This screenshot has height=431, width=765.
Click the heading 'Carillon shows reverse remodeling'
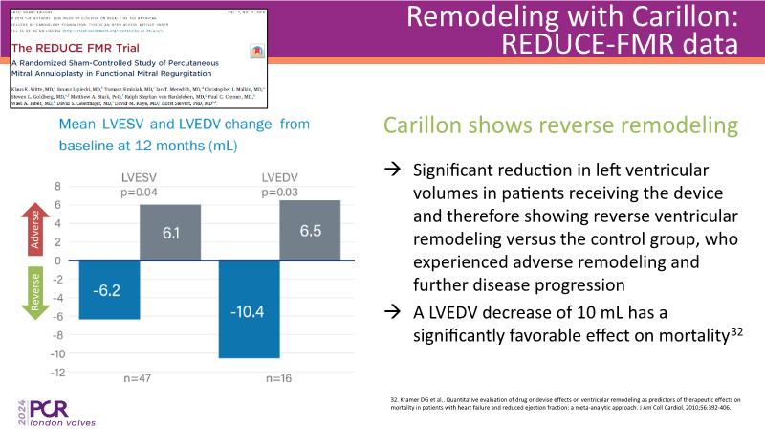(x=535, y=125)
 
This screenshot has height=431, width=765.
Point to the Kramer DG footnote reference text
(x=568, y=402)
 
